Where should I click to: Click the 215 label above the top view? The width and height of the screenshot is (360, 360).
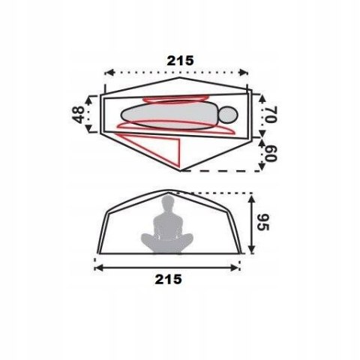tap(180, 61)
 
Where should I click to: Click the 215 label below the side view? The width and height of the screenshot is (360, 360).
tap(168, 279)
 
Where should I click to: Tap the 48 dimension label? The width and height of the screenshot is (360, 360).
tap(78, 115)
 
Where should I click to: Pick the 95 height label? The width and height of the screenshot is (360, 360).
tap(264, 223)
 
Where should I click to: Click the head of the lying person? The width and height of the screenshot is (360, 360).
tap(228, 115)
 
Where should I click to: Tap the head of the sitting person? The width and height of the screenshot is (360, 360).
tap(168, 202)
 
